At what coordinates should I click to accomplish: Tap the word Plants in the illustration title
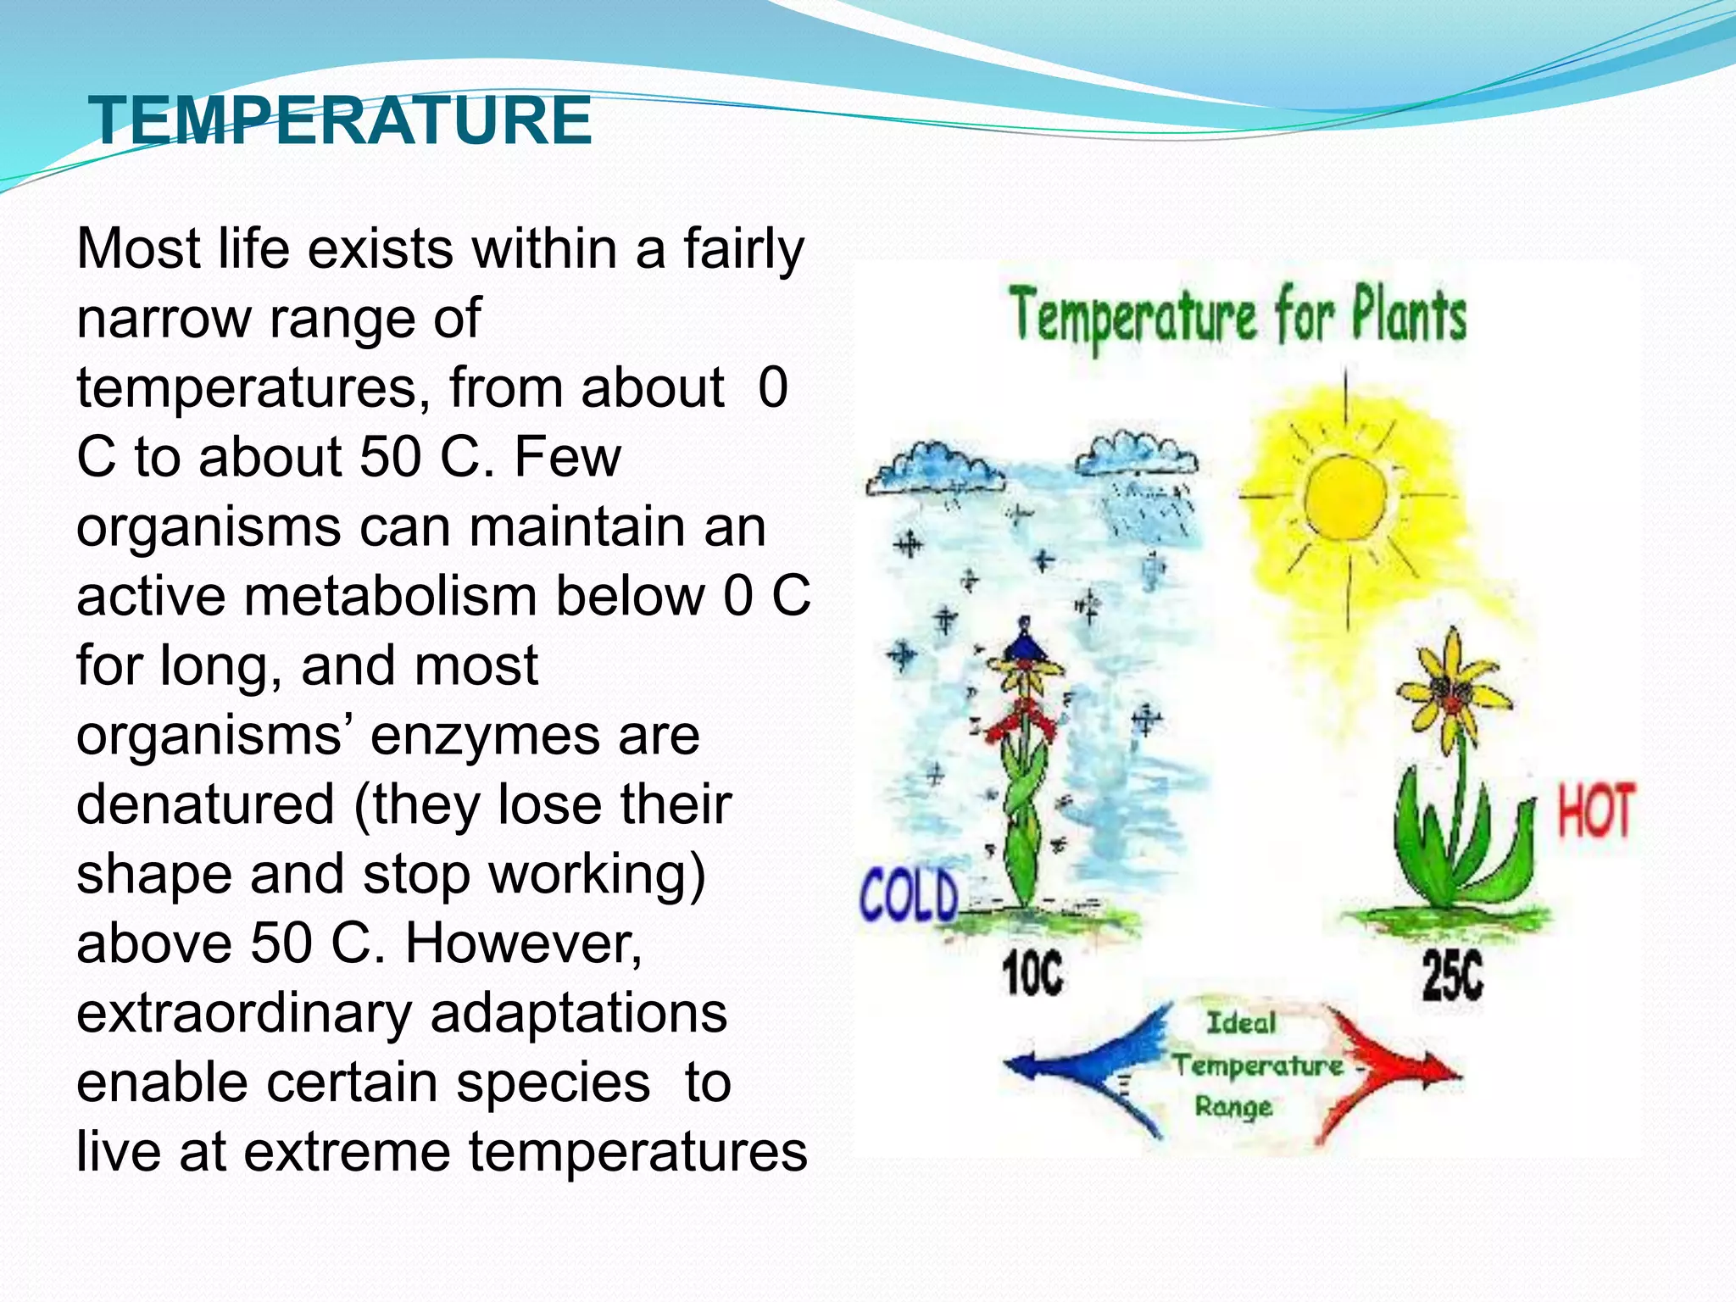click(1408, 316)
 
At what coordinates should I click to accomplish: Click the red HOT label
click(1595, 811)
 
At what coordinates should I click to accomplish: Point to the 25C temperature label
click(1453, 975)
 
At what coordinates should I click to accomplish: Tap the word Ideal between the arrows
click(1241, 1023)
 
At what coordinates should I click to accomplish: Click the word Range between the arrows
click(1233, 1106)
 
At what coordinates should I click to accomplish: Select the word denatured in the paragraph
click(205, 804)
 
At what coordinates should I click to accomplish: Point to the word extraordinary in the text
click(239, 1013)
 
